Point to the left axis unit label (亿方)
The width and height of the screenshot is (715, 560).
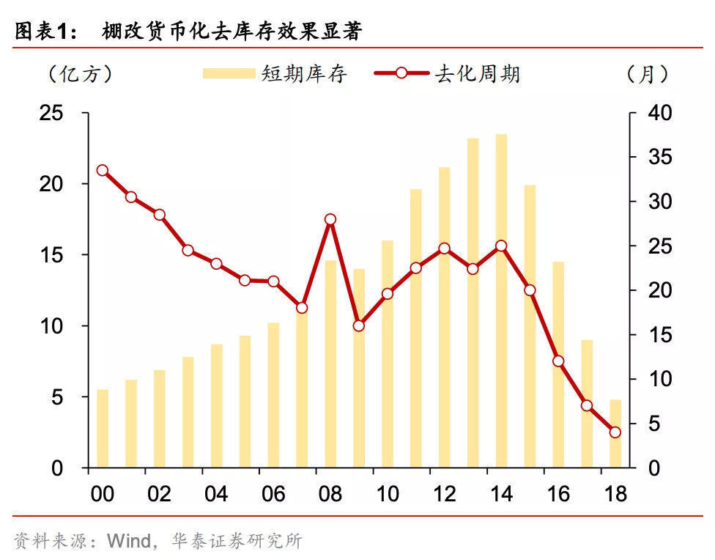click(80, 74)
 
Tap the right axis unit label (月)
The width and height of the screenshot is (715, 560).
click(648, 74)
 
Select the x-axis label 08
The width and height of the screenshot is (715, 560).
click(330, 493)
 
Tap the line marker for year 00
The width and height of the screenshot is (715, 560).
click(103, 171)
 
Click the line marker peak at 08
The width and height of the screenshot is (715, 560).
click(330, 219)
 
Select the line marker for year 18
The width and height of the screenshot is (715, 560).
click(615, 432)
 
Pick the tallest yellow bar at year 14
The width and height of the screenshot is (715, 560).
click(501, 301)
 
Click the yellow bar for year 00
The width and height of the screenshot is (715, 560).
click(103, 429)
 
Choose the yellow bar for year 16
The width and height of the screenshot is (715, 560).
click(558, 366)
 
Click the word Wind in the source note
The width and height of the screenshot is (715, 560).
click(129, 542)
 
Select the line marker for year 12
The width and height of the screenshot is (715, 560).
click(444, 248)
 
